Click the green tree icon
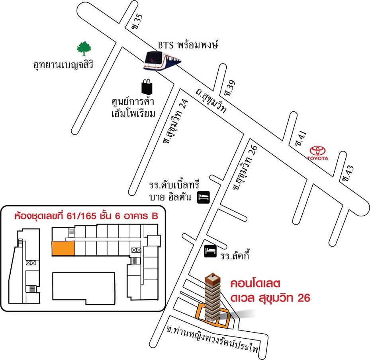tap(84, 49)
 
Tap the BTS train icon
tap(162, 60)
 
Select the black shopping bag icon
tap(147, 87)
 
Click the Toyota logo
tap(317, 153)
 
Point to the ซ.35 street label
tap(137, 22)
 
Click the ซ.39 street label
tap(229, 88)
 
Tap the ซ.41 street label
tap(300, 138)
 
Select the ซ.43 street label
tap(348, 173)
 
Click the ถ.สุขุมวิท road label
tap(211, 101)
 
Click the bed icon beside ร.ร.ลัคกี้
tap(210, 251)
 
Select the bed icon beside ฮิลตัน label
tap(204, 197)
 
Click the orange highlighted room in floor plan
tap(63, 249)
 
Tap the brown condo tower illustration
tap(213, 297)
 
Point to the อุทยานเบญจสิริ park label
tap(63, 64)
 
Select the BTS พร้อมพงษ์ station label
tap(188, 45)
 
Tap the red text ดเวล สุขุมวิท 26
tap(270, 298)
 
